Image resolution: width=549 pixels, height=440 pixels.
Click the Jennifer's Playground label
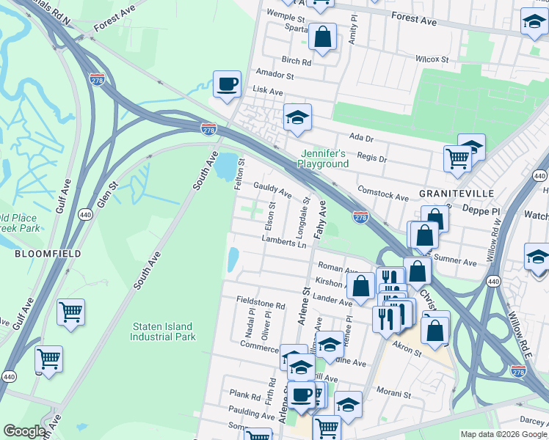[x=322, y=159]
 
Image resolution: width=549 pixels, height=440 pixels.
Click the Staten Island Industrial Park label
[x=163, y=332]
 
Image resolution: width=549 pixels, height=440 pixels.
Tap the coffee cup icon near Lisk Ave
[x=227, y=84]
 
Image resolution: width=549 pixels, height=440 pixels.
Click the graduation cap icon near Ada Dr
[x=297, y=118]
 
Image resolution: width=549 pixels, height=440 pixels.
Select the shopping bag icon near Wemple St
[x=322, y=37]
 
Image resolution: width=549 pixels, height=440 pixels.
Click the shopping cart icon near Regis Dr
[x=457, y=158]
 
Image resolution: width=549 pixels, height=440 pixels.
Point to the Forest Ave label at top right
[x=414, y=19]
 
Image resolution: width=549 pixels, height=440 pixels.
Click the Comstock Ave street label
[x=382, y=194]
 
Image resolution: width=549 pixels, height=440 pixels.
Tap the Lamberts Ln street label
[x=283, y=241]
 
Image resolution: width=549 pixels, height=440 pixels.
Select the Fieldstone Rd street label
[x=261, y=303]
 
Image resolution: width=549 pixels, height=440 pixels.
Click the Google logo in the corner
[x=24, y=431]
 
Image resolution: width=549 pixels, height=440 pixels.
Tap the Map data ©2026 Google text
[x=503, y=434]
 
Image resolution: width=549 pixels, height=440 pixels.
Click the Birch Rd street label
[x=296, y=62]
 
